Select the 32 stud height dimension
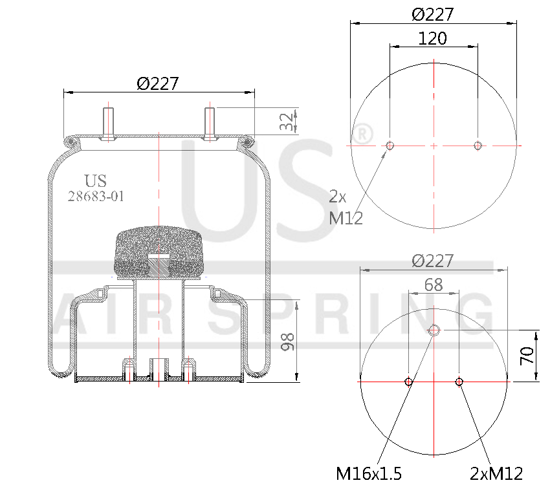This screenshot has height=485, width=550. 285,122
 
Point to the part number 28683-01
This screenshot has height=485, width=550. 96,197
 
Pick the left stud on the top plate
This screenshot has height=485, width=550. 107,123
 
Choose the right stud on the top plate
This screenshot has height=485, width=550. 210,123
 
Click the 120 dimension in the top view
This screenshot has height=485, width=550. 432,38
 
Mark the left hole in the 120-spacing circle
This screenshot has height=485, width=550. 390,145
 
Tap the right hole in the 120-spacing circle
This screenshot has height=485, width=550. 478,145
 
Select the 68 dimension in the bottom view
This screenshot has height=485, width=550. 434,285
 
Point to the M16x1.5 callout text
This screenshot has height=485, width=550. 369,473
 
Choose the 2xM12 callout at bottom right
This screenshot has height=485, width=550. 496,473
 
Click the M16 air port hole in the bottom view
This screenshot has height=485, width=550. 434,330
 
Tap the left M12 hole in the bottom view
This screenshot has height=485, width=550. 409,382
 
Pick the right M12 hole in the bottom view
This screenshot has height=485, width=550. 459,382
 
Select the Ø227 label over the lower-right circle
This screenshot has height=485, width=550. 433,261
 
